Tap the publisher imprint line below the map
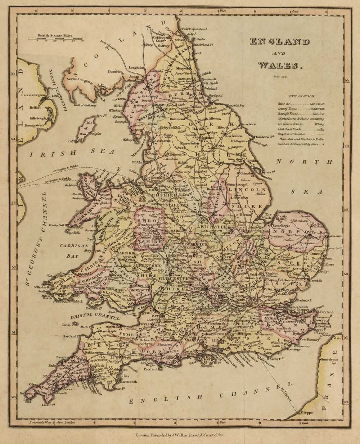[179, 435]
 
